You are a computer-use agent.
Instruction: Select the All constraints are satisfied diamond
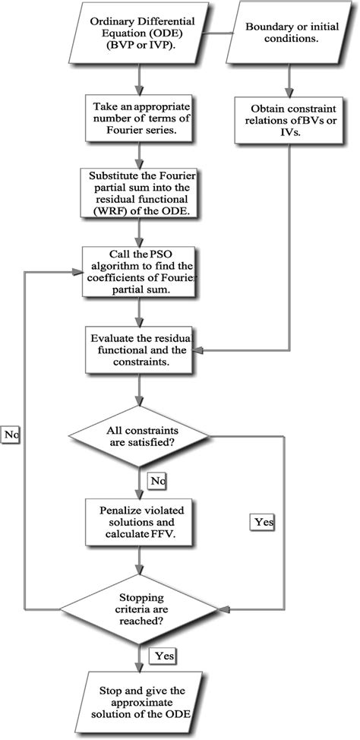[x=137, y=438]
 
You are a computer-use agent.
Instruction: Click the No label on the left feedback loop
[x=11, y=435]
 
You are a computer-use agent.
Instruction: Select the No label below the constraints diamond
[x=158, y=480]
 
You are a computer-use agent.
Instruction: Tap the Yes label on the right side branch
[x=261, y=522]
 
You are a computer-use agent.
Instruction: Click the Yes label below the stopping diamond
[x=165, y=654]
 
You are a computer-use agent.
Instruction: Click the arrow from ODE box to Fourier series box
[x=137, y=79]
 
